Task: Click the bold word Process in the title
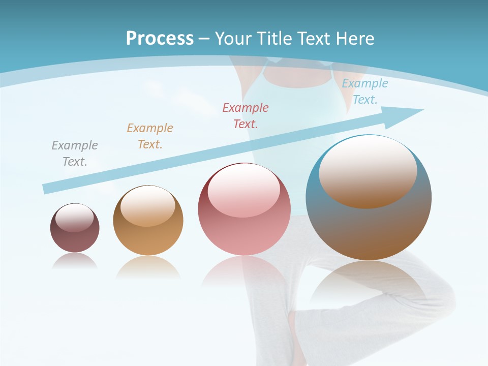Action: click(160, 39)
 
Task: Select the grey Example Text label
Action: click(74, 154)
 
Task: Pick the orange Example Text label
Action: click(149, 136)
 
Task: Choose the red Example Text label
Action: click(245, 116)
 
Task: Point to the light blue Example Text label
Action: click(364, 91)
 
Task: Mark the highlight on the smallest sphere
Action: click(74, 218)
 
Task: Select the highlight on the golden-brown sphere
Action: click(147, 205)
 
